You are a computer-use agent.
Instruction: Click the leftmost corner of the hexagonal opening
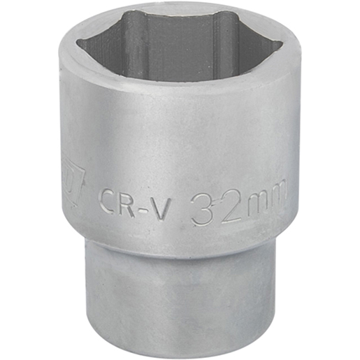click(x=78, y=43)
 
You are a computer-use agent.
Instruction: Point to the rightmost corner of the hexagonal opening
click(x=282, y=46)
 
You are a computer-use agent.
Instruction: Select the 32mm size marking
click(x=238, y=203)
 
